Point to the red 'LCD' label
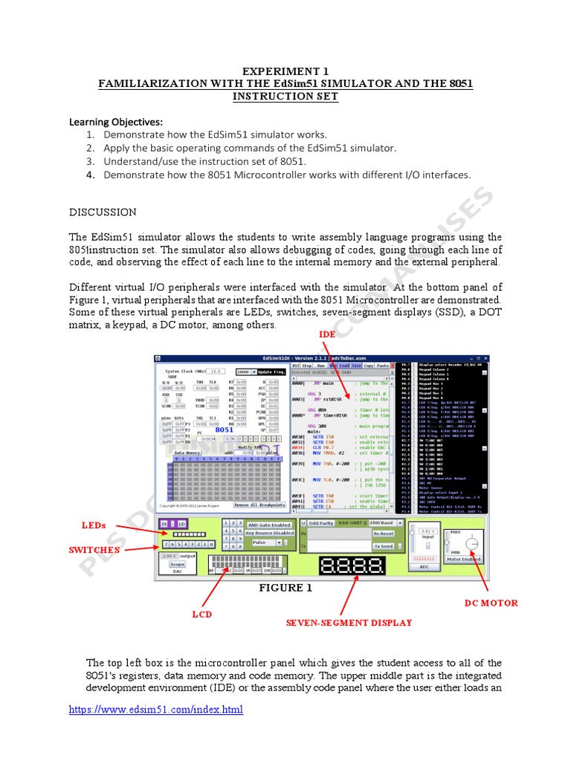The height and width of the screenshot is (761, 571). (202, 615)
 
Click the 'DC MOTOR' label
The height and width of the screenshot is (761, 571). (491, 603)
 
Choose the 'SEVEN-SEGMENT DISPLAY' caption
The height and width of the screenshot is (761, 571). (349, 623)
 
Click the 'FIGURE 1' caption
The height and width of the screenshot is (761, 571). (280, 588)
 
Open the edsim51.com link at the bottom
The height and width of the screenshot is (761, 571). (156, 710)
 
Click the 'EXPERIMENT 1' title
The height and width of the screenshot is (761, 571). (285, 71)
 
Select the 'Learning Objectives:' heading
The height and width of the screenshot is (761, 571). (116, 121)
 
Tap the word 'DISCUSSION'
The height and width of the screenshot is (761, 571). (103, 212)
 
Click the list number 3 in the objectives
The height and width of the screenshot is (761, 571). (90, 161)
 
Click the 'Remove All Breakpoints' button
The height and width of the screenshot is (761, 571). (260, 505)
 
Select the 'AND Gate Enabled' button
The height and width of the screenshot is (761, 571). (269, 525)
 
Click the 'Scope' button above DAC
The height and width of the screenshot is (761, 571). (178, 564)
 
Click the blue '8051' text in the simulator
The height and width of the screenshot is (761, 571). (225, 430)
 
